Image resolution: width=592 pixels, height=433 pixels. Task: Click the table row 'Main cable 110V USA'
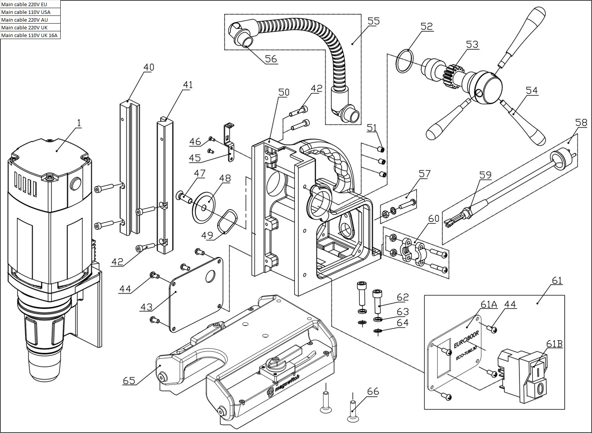click(x=30, y=12)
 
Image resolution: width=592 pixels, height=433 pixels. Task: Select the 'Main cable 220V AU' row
click(x=30, y=20)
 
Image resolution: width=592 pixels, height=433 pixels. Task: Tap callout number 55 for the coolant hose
click(x=373, y=21)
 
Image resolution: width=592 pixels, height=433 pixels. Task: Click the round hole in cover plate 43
click(x=210, y=277)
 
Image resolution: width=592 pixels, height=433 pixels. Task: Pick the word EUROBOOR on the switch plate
click(x=466, y=339)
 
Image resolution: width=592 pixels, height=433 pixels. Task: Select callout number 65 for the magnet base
click(x=129, y=381)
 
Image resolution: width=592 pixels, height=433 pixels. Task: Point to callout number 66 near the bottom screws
click(x=373, y=391)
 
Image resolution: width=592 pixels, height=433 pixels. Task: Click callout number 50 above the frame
click(x=284, y=92)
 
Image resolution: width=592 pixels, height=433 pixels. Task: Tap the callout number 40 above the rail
click(x=149, y=67)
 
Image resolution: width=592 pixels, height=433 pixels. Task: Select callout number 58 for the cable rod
click(x=581, y=123)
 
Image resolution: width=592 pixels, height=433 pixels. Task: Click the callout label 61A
click(x=489, y=304)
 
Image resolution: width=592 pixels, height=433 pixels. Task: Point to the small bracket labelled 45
click(x=230, y=143)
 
